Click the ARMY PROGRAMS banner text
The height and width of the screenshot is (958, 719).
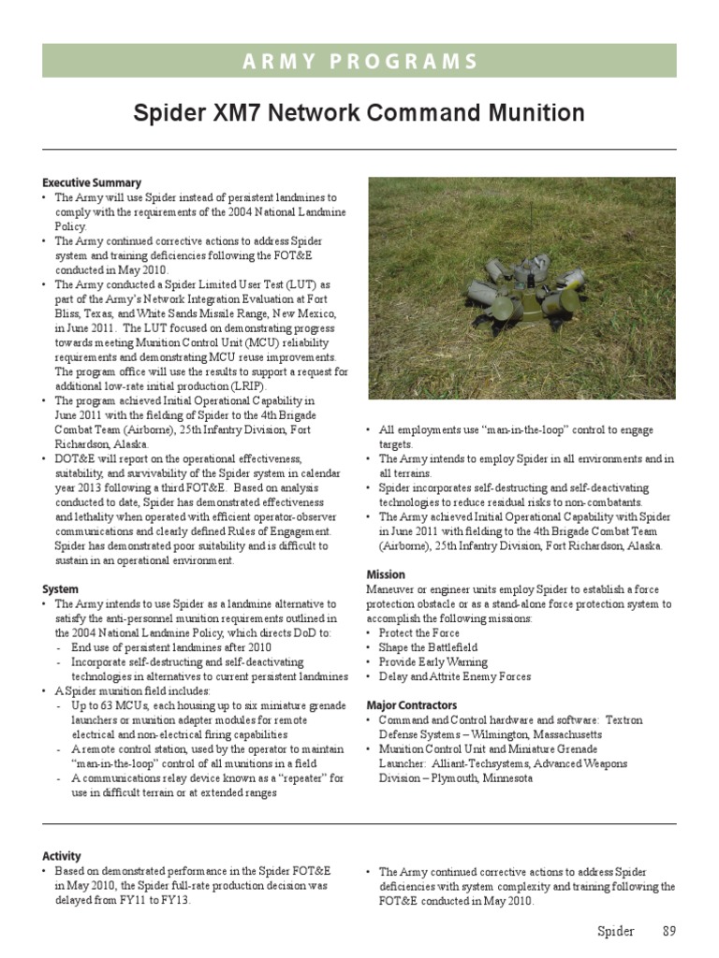pos(359,62)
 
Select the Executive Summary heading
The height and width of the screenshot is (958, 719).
pos(92,182)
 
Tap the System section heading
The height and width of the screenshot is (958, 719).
pos(60,589)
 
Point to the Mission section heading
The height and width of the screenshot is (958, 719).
pos(386,574)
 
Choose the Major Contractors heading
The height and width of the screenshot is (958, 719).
pos(412,704)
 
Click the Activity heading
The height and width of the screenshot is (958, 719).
pos(62,856)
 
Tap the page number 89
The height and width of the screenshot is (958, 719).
pos(668,931)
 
